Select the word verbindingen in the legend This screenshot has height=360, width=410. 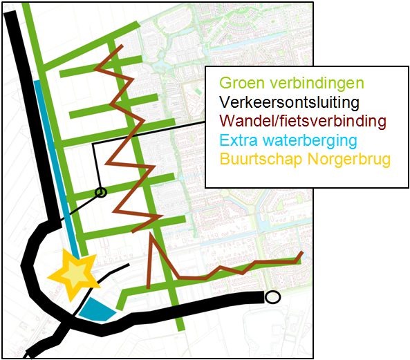[x=317, y=84]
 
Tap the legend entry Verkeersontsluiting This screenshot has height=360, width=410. [x=290, y=103]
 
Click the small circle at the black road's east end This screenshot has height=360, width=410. [x=273, y=297]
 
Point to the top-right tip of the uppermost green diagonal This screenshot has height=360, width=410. [x=138, y=26]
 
